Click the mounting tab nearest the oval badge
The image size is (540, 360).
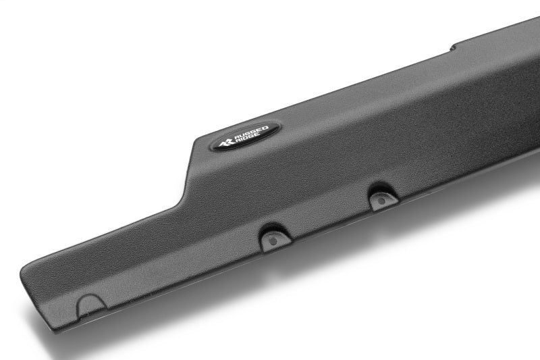point(276,237)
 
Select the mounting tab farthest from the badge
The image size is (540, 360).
point(384,199)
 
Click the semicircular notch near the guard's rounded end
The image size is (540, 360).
point(91,305)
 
